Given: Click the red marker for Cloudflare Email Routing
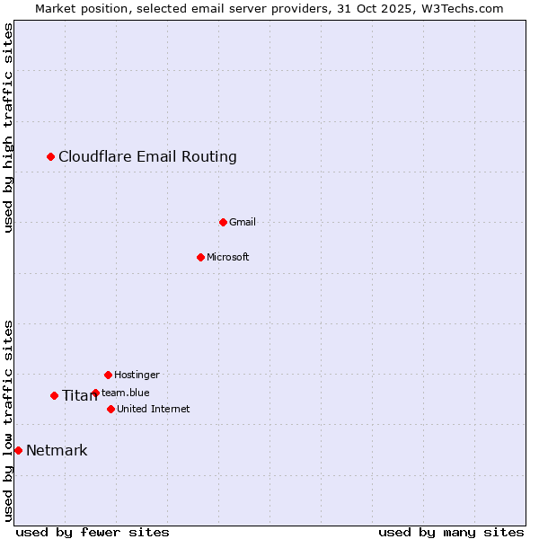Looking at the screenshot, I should [51, 157].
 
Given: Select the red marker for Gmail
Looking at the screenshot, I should [223, 222].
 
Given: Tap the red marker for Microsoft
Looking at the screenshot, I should [200, 257].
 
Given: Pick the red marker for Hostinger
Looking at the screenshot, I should [108, 375].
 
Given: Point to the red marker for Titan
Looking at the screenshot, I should [54, 395].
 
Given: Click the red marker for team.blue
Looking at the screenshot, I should [95, 393].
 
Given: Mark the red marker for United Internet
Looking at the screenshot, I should [110, 409].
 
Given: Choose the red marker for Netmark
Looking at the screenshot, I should [18, 450].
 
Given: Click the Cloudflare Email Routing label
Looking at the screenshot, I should [147, 157].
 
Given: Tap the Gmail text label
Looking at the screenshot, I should [243, 222].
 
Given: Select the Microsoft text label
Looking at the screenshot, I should [228, 257].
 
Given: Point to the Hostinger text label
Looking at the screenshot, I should [137, 375].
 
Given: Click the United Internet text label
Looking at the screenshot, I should [154, 409].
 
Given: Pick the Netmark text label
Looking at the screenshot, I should [57, 450].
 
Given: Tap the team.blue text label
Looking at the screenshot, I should [126, 393].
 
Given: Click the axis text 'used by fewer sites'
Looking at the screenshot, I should [93, 532].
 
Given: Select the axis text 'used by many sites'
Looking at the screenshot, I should [451, 532].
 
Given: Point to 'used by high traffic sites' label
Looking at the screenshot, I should [8, 128].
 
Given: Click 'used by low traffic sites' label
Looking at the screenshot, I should [8, 420].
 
